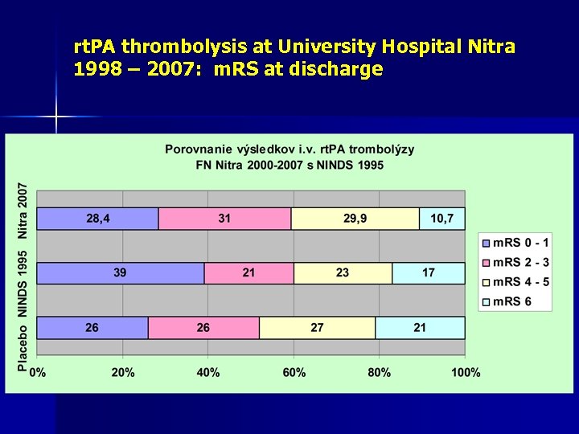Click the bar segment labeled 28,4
pyautogui.click(x=98, y=219)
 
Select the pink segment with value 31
pyautogui.click(x=224, y=219)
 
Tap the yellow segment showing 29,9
pyautogui.click(x=355, y=219)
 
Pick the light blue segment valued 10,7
pyautogui.click(x=442, y=219)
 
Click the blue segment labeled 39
pyautogui.click(x=121, y=273)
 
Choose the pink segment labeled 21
pyautogui.click(x=248, y=273)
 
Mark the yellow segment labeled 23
pyautogui.click(x=343, y=273)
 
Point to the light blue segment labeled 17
pyautogui.click(x=429, y=273)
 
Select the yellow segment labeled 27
pyautogui.click(x=317, y=328)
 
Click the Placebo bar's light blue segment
pyautogui.click(x=420, y=328)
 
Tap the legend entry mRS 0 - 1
pyautogui.click(x=515, y=243)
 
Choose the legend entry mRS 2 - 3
pyautogui.click(x=515, y=262)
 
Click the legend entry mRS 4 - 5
pyautogui.click(x=515, y=282)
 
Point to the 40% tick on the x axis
pyautogui.click(x=208, y=372)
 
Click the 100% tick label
pyautogui.click(x=466, y=372)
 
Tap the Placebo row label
pyautogui.click(x=23, y=346)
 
